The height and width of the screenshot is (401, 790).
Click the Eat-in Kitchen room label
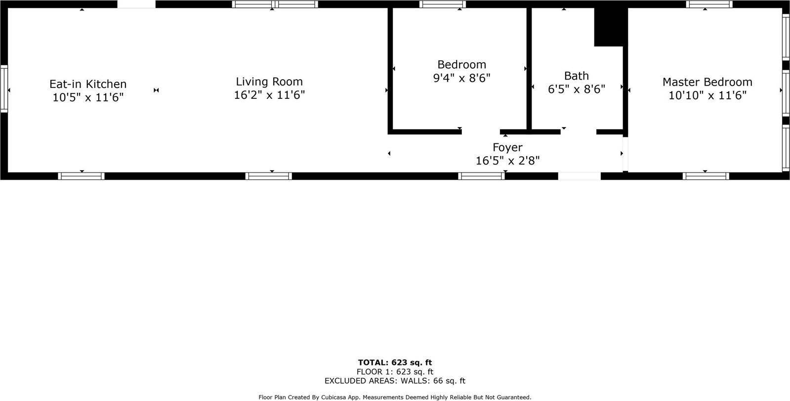[88, 84]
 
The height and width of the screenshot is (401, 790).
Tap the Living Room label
[269, 82]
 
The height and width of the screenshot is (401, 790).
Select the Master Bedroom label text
[707, 82]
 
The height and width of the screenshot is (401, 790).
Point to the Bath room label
[577, 76]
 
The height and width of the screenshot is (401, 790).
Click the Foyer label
[507, 147]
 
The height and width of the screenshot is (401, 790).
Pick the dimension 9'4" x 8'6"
[461, 78]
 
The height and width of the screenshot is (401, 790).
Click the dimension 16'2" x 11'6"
[269, 95]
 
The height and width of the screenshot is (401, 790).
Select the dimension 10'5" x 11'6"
[88, 97]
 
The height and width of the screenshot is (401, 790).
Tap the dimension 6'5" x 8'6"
[577, 89]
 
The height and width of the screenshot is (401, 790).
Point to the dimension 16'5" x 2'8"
[507, 161]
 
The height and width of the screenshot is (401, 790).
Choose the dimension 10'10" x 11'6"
[707, 95]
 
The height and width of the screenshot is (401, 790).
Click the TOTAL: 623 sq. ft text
[395, 362]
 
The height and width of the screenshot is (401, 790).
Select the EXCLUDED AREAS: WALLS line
[395, 381]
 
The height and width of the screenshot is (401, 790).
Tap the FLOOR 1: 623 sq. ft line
[395, 372]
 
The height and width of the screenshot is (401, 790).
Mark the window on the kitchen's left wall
[4, 89]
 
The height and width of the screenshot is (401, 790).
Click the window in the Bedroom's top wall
[443, 4]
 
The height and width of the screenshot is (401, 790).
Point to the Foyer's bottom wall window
[481, 176]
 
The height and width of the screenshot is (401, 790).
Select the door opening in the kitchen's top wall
[136, 4]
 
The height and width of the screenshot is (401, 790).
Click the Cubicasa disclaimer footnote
[395, 397]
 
